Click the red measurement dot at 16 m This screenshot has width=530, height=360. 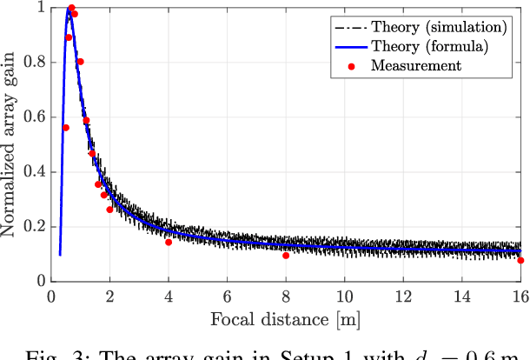[520, 260]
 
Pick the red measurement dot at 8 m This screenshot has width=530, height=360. [286, 256]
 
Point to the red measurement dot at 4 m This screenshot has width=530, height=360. [169, 242]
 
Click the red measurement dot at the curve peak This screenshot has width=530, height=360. [71, 8]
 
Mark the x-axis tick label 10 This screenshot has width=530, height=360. [345, 297]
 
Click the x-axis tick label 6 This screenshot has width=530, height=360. [227, 297]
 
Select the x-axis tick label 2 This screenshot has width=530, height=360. [109, 297]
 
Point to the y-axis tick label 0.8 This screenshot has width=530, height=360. [32, 63]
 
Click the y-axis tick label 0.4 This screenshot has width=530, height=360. [32, 172]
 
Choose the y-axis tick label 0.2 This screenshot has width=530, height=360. [32, 227]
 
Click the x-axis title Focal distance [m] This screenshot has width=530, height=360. [285, 319]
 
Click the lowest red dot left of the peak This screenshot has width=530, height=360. [66, 128]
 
